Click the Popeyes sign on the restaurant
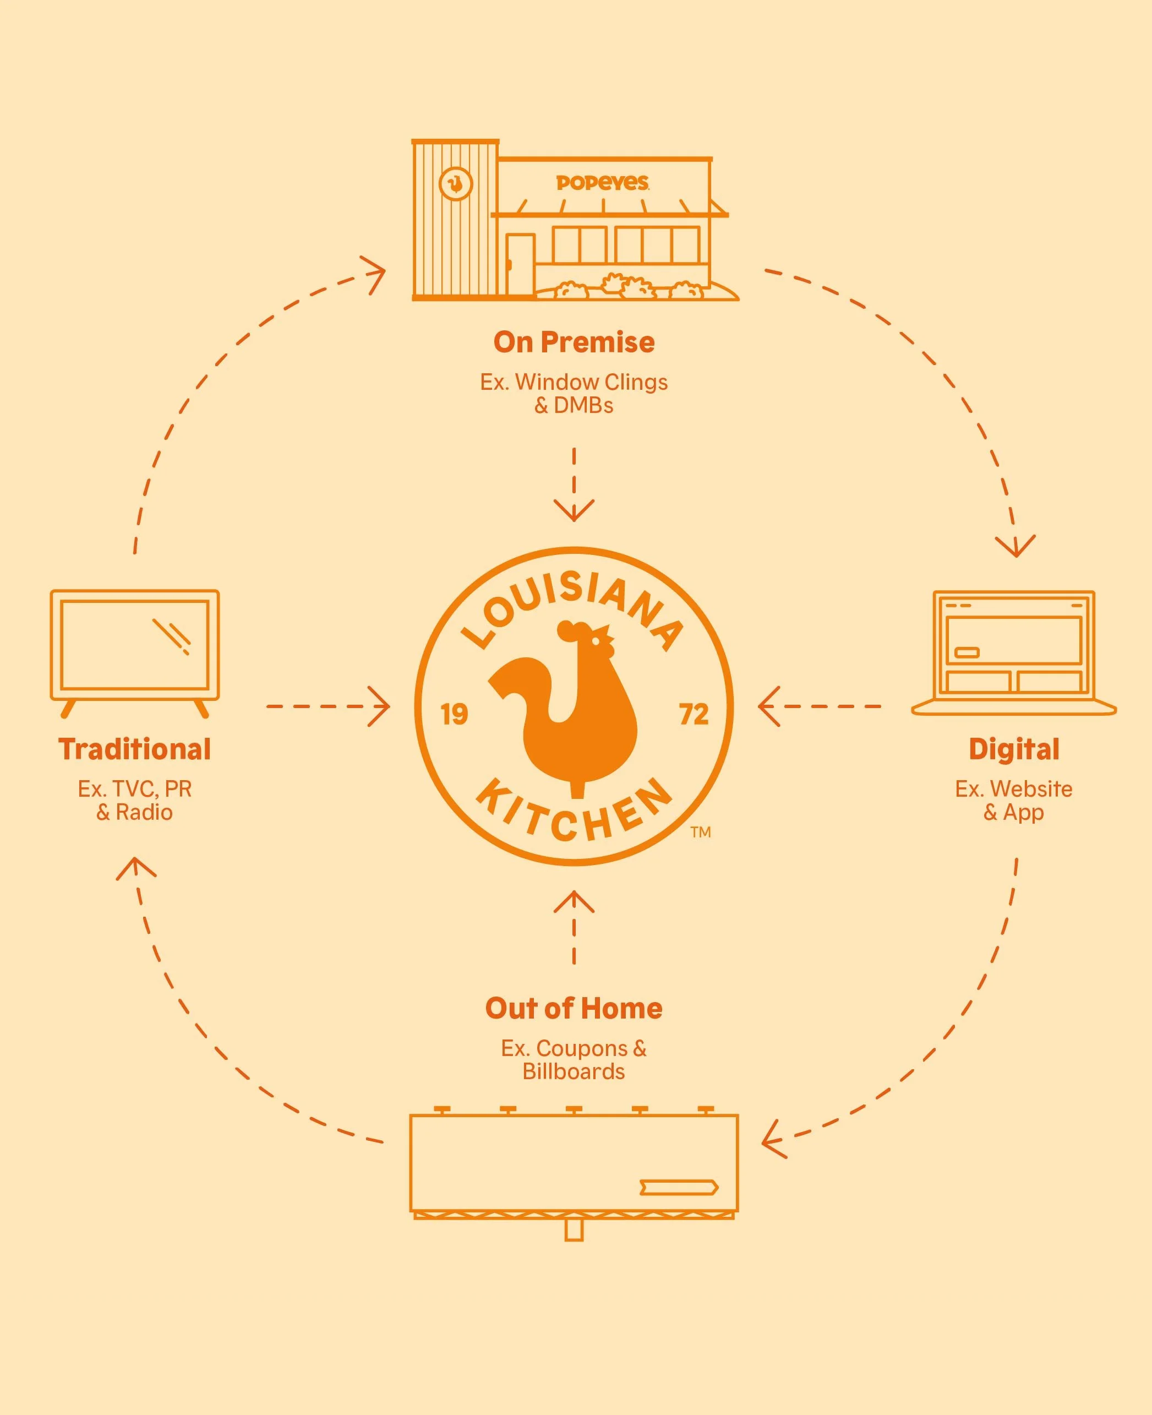tap(602, 182)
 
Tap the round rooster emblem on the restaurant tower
tap(456, 183)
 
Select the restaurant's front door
tap(520, 264)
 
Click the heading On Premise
tap(574, 342)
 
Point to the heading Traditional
tap(135, 749)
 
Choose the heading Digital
tap(1014, 749)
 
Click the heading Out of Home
tap(574, 1008)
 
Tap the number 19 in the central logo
tap(455, 715)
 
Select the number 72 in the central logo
tap(694, 715)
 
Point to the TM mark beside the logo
tap(701, 832)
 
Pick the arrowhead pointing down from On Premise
tap(574, 513)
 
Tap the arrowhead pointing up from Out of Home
tap(574, 899)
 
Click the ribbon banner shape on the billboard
tap(678, 1188)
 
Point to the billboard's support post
tap(574, 1231)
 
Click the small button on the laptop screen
tap(966, 653)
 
